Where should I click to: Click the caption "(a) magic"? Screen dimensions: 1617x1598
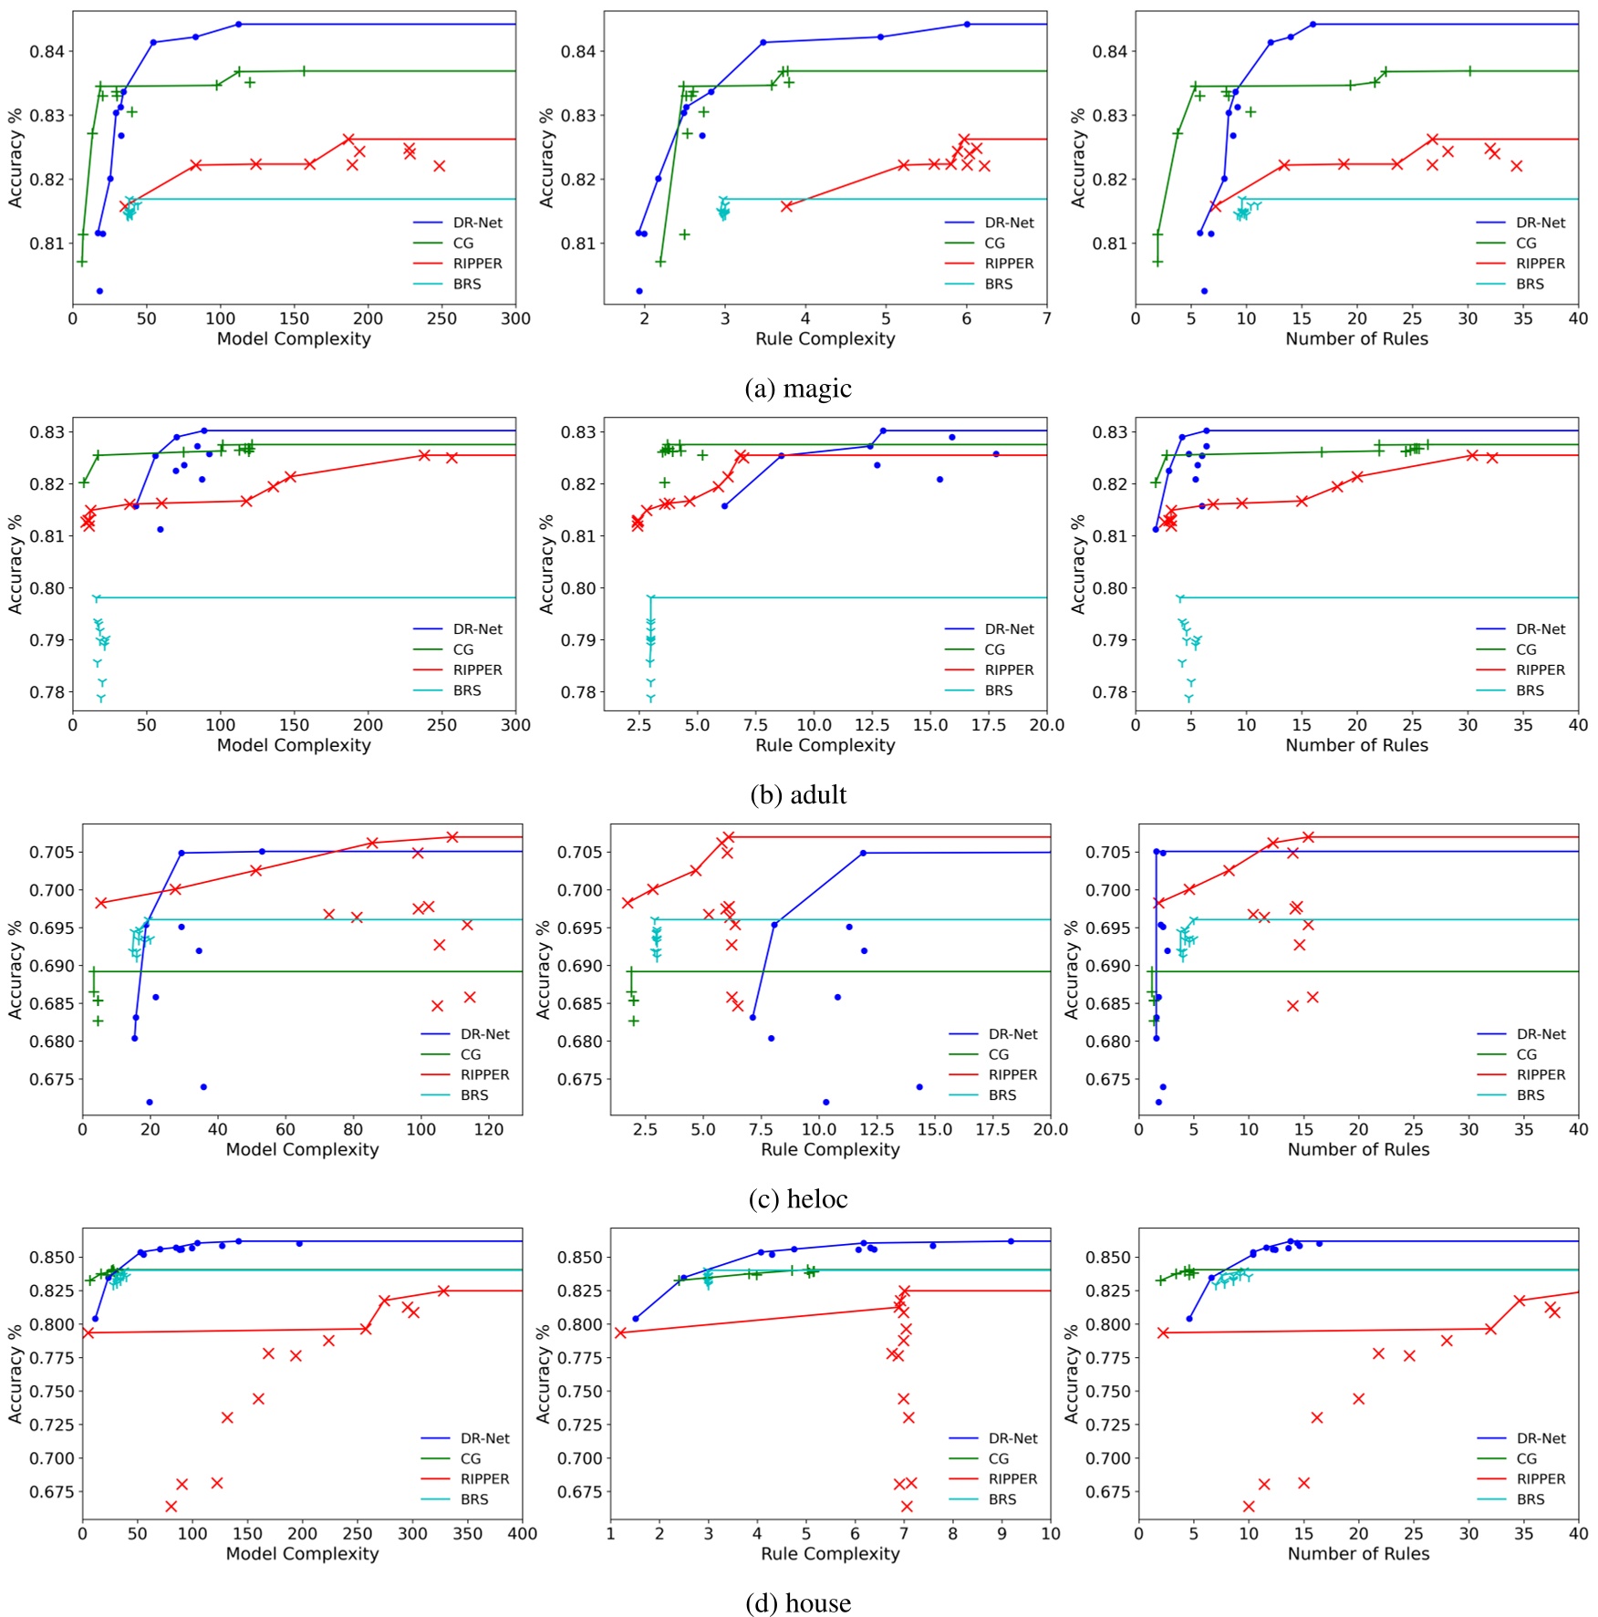pos(798,389)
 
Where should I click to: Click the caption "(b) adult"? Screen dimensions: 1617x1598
pos(798,794)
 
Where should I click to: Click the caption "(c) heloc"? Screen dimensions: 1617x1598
pos(798,1198)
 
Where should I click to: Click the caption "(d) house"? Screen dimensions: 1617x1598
pos(798,1602)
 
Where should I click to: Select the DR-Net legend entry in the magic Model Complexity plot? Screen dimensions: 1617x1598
pos(477,223)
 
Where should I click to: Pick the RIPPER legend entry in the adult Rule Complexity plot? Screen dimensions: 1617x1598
pos(1009,669)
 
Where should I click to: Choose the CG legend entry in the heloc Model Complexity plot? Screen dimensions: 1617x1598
pos(471,1054)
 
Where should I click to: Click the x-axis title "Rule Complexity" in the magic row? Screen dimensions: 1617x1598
pos(825,338)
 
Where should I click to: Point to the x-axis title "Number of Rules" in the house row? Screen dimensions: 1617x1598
pos(1357,1553)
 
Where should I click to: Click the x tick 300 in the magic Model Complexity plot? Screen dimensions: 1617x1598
pos(515,318)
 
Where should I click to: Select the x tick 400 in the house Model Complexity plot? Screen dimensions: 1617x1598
pos(522,1534)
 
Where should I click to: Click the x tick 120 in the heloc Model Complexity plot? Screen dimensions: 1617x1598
pos(489,1129)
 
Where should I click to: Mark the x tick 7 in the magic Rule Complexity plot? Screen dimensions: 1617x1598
pos(1046,318)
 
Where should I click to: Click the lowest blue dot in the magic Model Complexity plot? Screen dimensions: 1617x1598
pos(99,291)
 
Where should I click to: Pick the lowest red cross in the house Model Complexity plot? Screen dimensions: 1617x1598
pos(171,1506)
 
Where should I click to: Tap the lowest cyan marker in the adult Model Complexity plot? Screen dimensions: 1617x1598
pos(101,699)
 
